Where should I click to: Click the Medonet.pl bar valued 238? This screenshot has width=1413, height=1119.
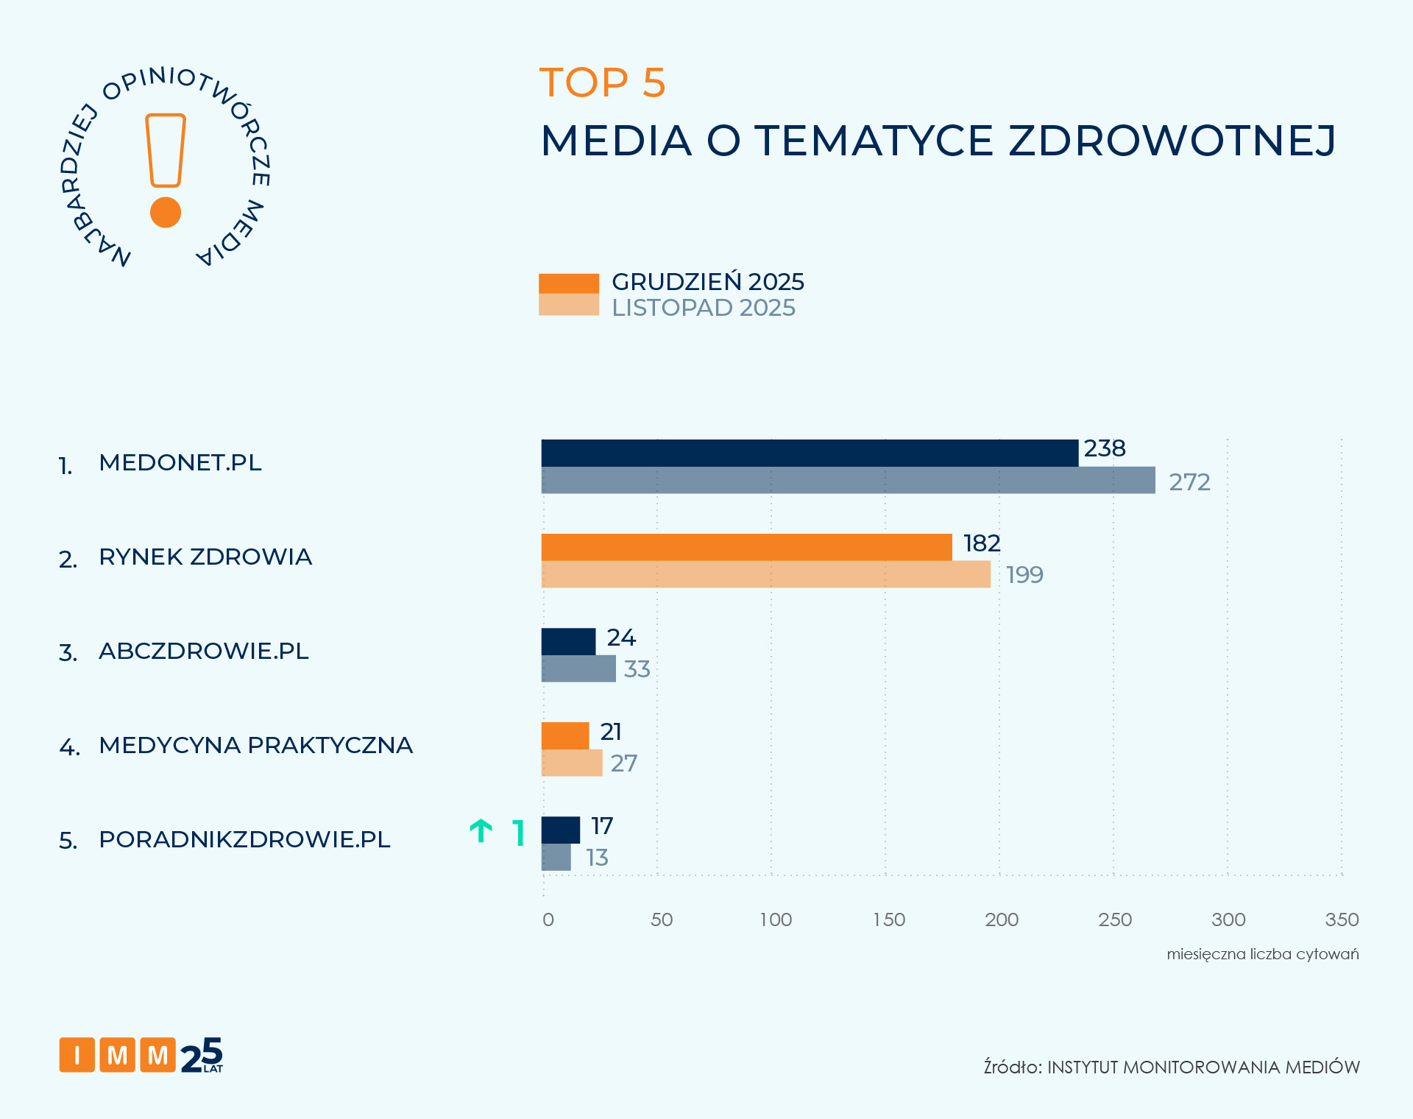pos(810,453)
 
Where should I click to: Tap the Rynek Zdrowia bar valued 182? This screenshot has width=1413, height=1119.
pos(746,547)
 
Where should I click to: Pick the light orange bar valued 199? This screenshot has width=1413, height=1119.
pos(765,574)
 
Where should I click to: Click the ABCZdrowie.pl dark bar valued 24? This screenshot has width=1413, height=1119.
pos(568,641)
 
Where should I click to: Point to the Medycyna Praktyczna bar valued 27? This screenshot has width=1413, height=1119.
pos(572,763)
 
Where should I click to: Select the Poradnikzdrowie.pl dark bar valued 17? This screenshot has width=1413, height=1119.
pos(561,830)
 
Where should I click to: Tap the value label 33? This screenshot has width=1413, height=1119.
pos(637,669)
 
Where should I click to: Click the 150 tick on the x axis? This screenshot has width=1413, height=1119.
pos(889,919)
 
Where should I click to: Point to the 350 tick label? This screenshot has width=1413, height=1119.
pos(1342,919)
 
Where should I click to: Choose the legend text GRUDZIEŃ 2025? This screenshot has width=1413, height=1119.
pos(707,282)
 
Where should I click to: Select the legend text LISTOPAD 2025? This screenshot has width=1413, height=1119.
pos(703,308)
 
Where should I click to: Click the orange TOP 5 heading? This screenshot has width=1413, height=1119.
pos(602,82)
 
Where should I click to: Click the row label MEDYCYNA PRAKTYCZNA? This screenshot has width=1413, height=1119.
pos(255,745)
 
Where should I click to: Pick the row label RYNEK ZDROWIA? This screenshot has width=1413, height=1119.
pos(205,557)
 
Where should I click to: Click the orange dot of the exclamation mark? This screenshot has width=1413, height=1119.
pos(166,212)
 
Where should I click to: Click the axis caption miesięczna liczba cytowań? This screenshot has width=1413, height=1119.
pos(1262,954)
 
